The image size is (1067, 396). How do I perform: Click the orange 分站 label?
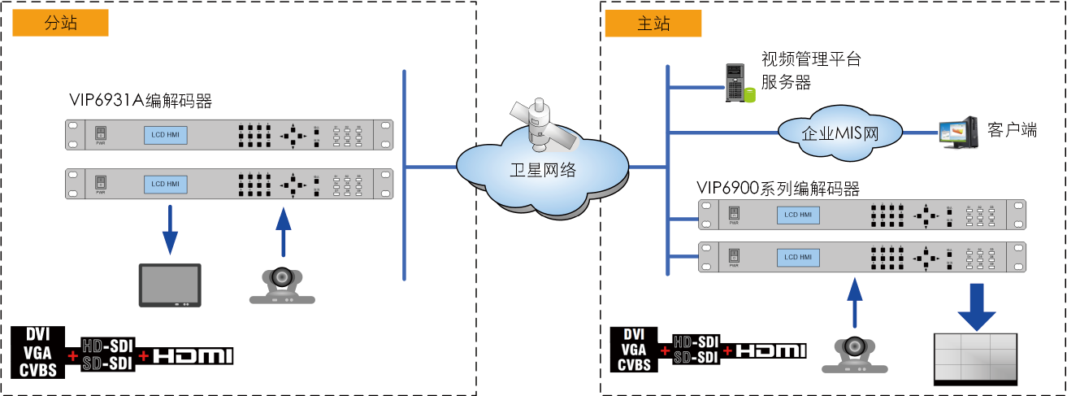61,24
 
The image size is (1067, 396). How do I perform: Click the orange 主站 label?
653,24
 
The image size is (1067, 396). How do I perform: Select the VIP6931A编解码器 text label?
141,102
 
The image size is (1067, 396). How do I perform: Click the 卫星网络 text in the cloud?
543,170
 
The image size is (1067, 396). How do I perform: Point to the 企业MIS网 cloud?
840,133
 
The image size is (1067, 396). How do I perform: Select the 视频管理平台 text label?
810,59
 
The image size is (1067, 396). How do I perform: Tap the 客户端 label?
1012,131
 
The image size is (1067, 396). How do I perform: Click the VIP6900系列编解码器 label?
778,189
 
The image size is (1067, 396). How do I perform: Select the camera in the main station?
853,355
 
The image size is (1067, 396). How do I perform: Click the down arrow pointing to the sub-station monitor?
169,228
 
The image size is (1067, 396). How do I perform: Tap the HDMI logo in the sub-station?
193,356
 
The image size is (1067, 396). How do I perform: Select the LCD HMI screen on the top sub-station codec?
165,135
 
